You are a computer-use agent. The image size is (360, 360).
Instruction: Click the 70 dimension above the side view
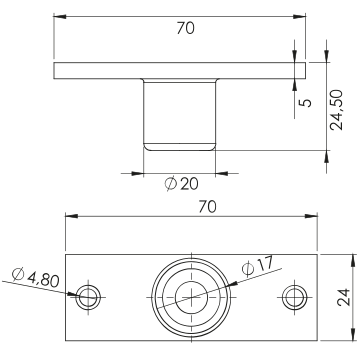tap(185, 29)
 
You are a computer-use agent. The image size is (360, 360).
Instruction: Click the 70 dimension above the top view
tap(207, 207)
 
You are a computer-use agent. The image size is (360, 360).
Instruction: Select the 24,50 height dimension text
tap(336, 110)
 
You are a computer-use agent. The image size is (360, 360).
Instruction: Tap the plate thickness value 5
tap(307, 103)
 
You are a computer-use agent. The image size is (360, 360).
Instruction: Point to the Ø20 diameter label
tap(182, 184)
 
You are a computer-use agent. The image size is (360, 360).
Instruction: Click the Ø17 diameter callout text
tap(258, 266)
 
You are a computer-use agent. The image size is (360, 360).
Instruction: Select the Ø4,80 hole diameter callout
tap(35, 277)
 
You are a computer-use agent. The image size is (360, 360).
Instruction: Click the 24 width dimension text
tap(344, 297)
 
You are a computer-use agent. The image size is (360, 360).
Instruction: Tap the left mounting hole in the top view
tap(88, 297)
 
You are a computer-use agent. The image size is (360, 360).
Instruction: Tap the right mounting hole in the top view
tap(295, 297)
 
